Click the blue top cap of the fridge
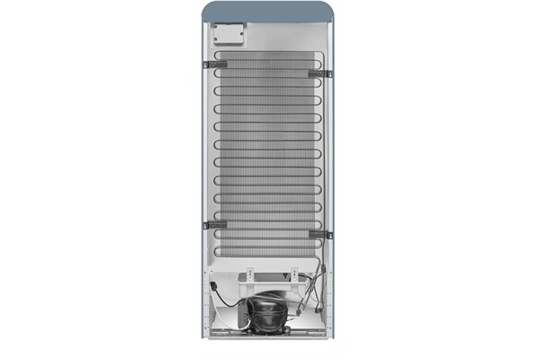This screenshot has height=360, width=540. (269, 12)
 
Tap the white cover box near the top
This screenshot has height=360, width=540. (229, 35)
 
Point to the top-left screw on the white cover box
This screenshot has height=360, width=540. (217, 26)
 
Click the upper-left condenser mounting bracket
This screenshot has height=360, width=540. (215, 64)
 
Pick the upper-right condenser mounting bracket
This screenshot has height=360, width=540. (319, 73)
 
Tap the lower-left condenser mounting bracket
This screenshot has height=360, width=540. (215, 225)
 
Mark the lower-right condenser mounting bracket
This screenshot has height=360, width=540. (320, 235)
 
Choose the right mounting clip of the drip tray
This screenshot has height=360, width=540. (293, 272)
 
